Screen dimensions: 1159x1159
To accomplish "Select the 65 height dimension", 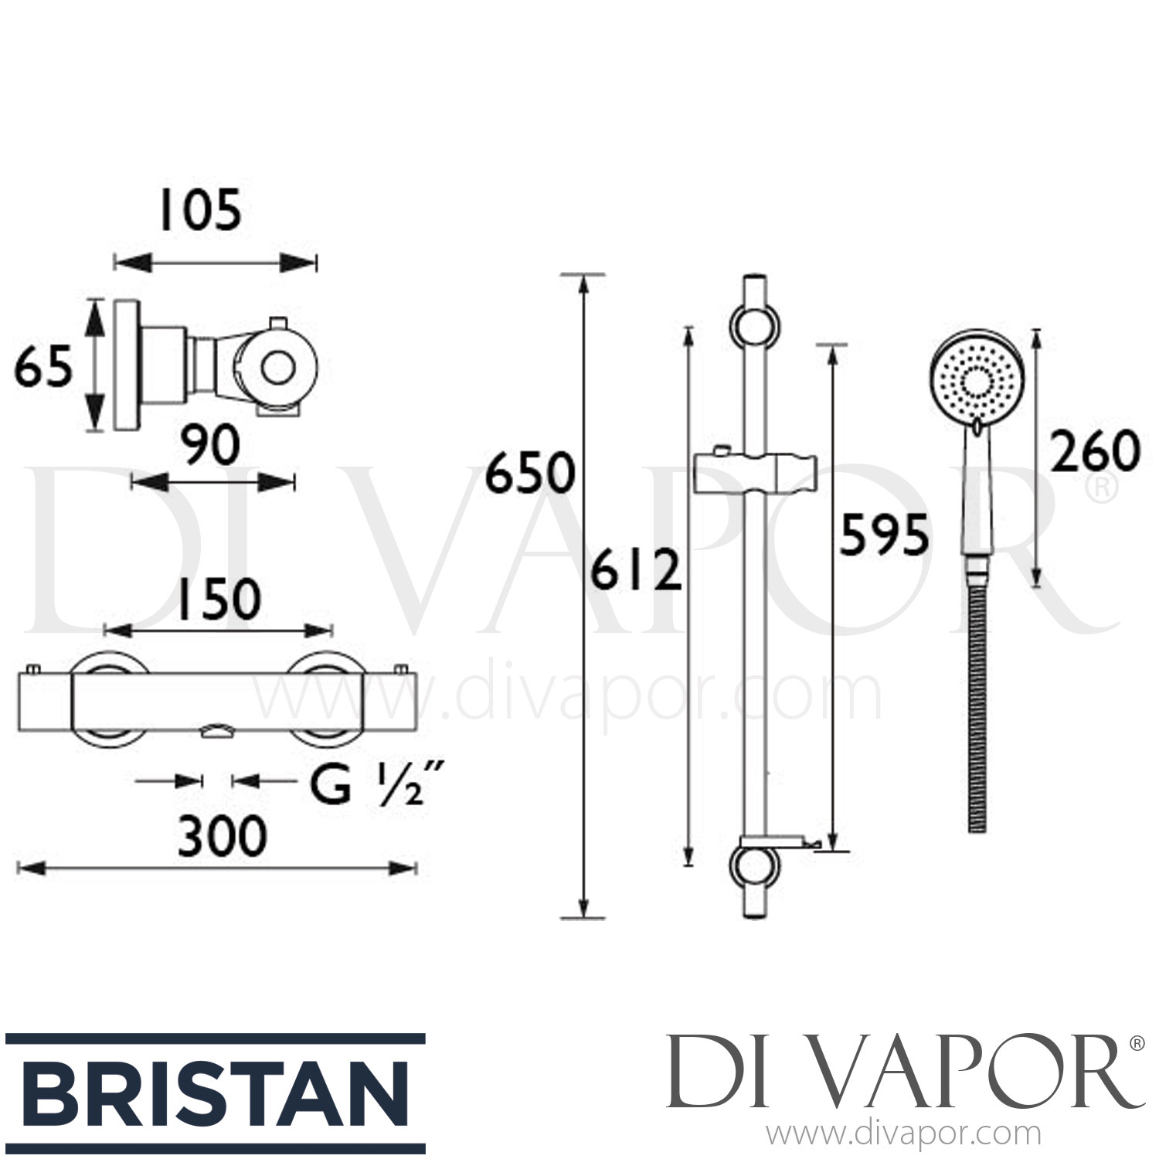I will (x=44, y=367).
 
